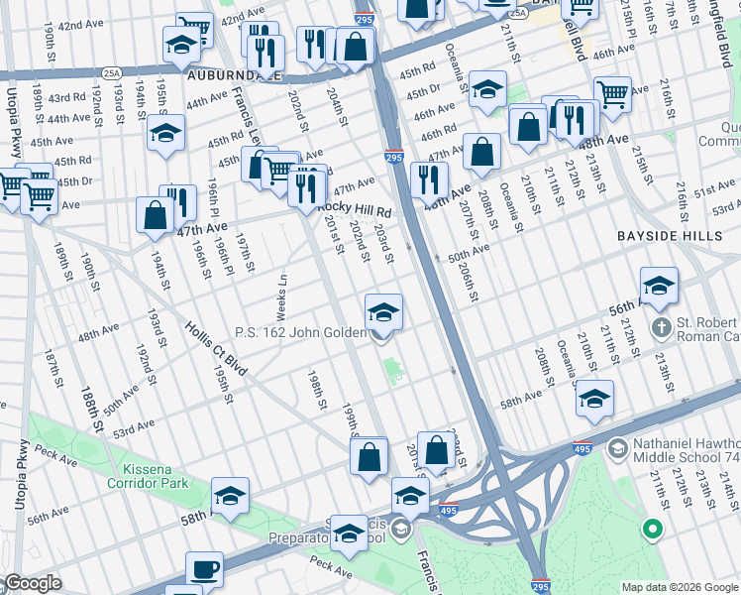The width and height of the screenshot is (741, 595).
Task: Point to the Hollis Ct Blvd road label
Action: [x=213, y=350]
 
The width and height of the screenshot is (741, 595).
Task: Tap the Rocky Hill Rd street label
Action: [x=355, y=210]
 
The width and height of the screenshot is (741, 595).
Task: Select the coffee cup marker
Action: [x=206, y=570]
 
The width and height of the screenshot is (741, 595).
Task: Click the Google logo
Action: [x=32, y=583]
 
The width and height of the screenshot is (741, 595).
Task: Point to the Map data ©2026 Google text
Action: [x=680, y=587]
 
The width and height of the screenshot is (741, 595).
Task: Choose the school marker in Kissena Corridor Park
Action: [x=230, y=496]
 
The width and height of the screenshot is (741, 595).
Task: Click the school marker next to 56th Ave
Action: [x=659, y=286]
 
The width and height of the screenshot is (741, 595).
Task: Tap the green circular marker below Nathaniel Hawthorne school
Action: [x=652, y=529]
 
